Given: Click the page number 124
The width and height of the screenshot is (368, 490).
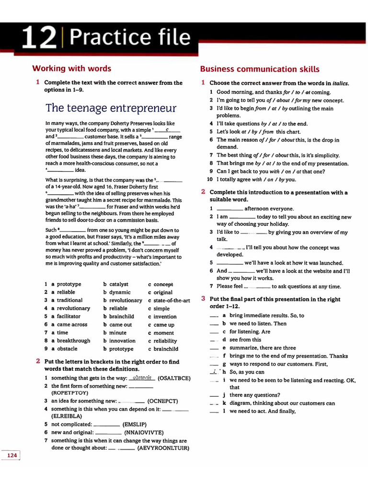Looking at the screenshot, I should click(12, 455).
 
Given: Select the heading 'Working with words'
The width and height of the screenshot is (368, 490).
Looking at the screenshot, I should click(71, 68).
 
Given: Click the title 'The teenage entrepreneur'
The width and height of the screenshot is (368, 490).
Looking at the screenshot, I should click(111, 108).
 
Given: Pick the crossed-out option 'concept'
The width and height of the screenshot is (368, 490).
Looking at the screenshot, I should click(163, 284).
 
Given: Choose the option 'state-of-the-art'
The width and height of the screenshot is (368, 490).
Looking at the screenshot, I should click(172, 301).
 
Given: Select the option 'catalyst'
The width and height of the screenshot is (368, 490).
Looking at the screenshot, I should click(119, 284).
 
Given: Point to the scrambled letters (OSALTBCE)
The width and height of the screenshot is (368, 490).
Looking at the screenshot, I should click(174, 378).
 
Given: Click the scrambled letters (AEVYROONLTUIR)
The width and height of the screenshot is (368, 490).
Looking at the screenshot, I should click(163, 448).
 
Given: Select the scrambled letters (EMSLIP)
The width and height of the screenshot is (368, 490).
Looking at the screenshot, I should click(135, 424).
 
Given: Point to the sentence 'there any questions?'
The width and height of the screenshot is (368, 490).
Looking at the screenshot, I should click(254, 395).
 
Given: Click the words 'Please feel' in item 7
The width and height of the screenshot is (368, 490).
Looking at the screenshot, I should click(230, 287).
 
